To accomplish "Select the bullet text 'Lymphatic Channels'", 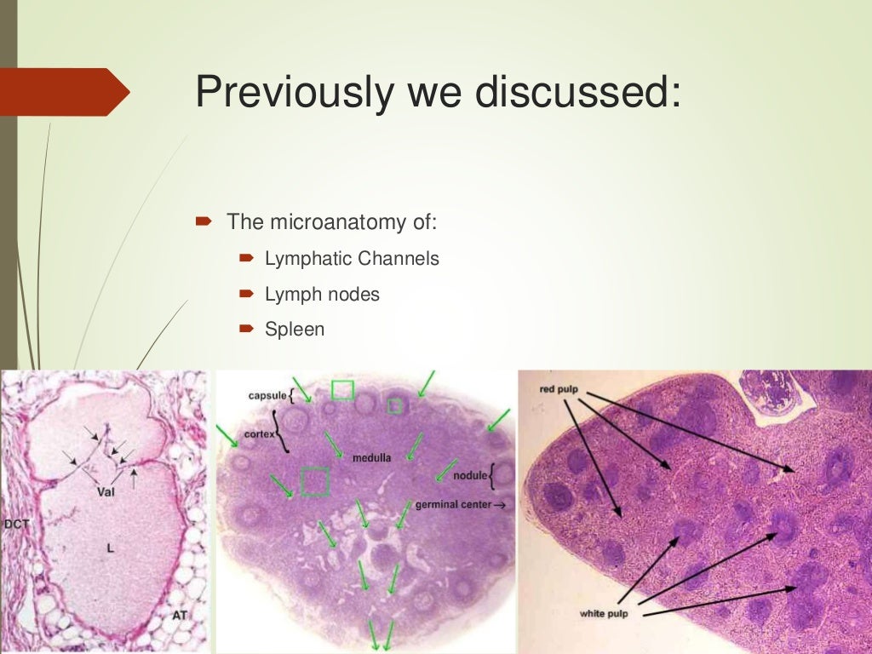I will pyautogui.click(x=352, y=258).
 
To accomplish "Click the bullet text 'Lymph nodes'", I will pyautogui.click(x=322, y=295).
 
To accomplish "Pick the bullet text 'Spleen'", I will pyautogui.click(x=295, y=329).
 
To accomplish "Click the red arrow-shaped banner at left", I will pyautogui.click(x=64, y=91).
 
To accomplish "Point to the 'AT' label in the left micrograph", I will pyautogui.click(x=180, y=613).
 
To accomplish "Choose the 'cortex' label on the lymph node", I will pyautogui.click(x=256, y=434).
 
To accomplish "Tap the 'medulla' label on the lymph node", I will pyautogui.click(x=371, y=457).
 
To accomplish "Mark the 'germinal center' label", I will pyautogui.click(x=453, y=505).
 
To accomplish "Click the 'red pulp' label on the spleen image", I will pyautogui.click(x=559, y=390).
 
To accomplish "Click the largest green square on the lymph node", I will pyautogui.click(x=315, y=481).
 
